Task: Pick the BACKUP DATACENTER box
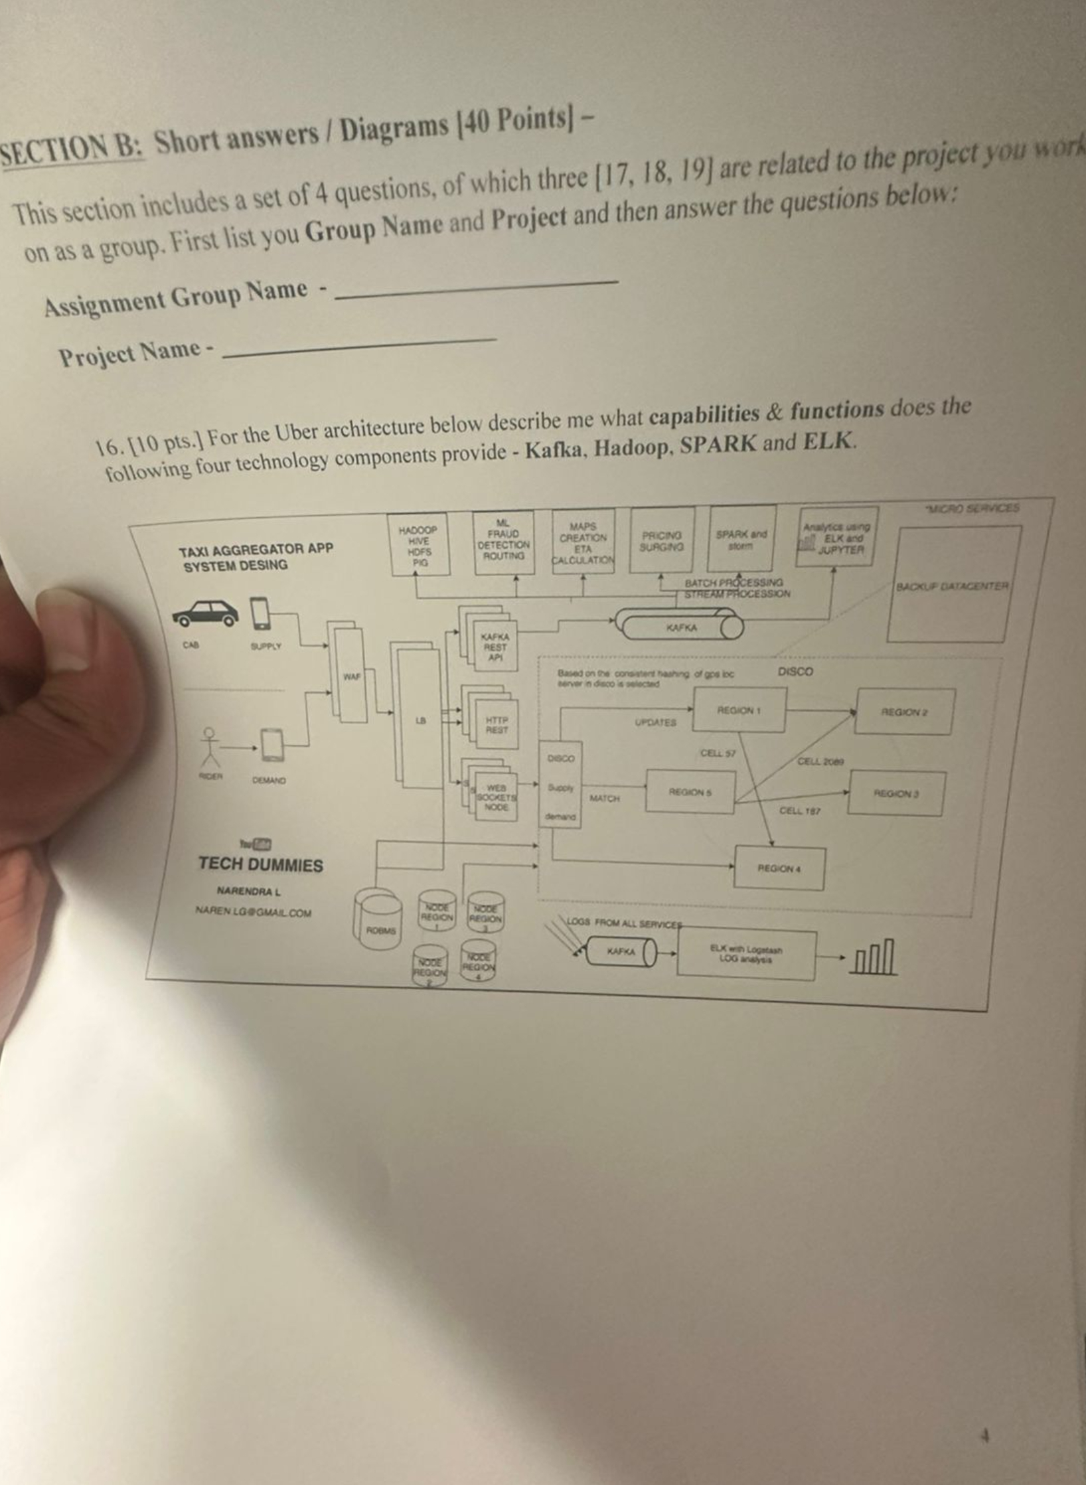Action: pyautogui.click(x=950, y=584)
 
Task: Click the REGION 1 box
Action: pyautogui.click(x=739, y=710)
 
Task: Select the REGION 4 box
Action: pyautogui.click(x=779, y=868)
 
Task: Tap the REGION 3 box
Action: pyautogui.click(x=897, y=793)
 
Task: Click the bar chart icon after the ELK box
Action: pyautogui.click(x=876, y=958)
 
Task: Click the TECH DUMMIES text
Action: pyautogui.click(x=260, y=865)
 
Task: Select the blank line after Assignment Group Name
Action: pyautogui.click(x=478, y=285)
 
